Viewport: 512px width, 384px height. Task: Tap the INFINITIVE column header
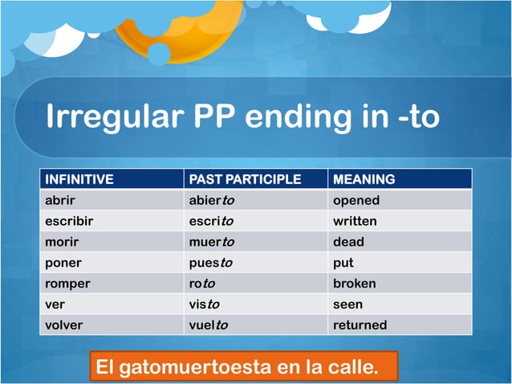[x=79, y=178]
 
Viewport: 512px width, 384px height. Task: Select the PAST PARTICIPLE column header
[x=243, y=178]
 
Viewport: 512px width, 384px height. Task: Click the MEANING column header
[x=364, y=178]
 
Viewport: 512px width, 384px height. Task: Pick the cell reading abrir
[x=59, y=200]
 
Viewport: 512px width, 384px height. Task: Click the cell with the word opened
[x=356, y=200]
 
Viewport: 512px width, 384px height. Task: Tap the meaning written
[x=355, y=221]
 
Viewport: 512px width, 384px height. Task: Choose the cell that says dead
[x=348, y=242]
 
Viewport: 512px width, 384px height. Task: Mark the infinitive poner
[x=63, y=263]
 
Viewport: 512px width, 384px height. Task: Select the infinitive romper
[x=67, y=284]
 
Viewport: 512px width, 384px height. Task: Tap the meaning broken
[x=354, y=284]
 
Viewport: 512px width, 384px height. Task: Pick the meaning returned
[x=360, y=325]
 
